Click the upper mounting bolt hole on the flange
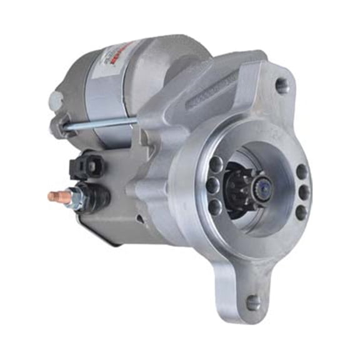pos(283,86)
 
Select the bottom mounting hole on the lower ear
pos(253,302)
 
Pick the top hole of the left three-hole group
pos(216,166)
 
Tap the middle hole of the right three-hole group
pos(304,192)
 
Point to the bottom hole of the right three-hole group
pos(301,212)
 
